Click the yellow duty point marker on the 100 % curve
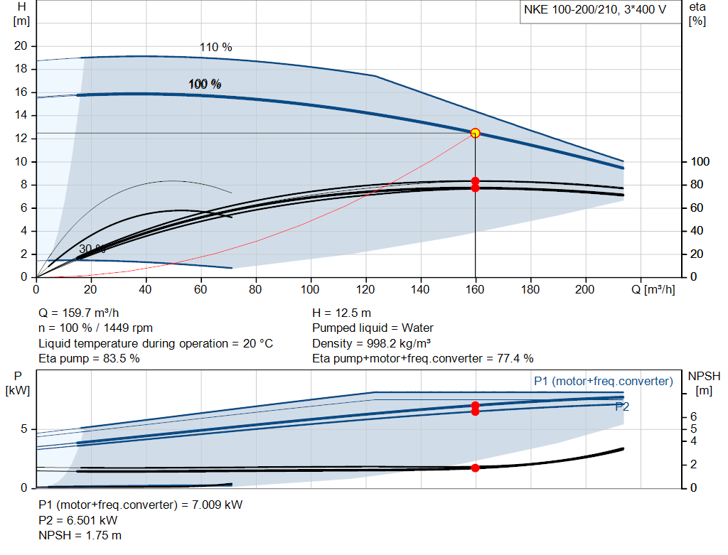tap(475, 133)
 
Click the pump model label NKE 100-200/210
tap(571, 10)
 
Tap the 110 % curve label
tap(215, 48)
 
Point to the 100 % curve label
tap(205, 84)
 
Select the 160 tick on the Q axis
tap(475, 289)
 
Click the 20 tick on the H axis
tap(21, 46)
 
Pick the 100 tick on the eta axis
tap(700, 161)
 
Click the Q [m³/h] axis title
tap(653, 289)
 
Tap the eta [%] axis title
tap(697, 14)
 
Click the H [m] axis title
tap(21, 14)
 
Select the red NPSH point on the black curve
tap(475, 468)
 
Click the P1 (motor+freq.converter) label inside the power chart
tap(603, 382)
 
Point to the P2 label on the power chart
tap(622, 406)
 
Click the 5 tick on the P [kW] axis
tap(24, 429)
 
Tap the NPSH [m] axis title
tap(704, 383)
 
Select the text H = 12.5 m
tap(342, 313)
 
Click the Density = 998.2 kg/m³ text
tap(371, 343)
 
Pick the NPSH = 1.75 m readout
tap(80, 536)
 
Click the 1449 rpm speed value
tap(128, 328)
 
